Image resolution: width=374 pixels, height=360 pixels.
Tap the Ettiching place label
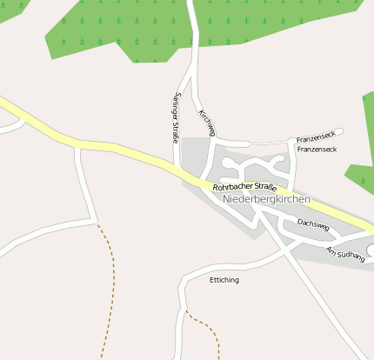click(224, 280)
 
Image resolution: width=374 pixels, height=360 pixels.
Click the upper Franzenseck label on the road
click(316, 138)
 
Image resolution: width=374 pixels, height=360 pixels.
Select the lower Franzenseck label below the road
click(316, 150)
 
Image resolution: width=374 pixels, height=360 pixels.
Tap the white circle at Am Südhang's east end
click(362, 250)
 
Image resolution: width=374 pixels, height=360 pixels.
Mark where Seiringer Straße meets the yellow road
click(178, 166)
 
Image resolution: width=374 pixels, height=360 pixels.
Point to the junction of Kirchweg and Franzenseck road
click(216, 140)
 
